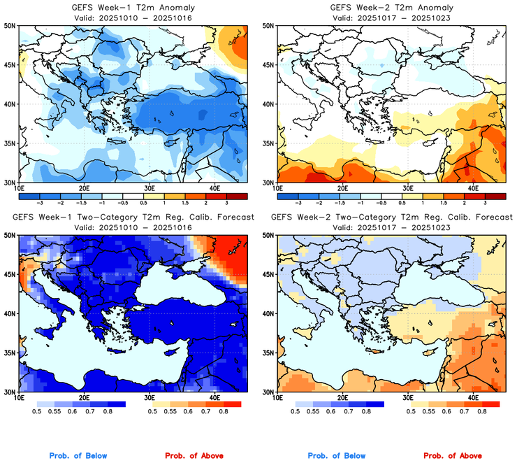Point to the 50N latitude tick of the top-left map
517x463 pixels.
click(x=10, y=25)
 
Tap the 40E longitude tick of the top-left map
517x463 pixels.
click(x=214, y=188)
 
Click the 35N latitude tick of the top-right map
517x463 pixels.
click(x=268, y=143)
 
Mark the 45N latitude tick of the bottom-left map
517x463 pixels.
click(x=10, y=275)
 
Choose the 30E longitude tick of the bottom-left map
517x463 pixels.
click(x=149, y=398)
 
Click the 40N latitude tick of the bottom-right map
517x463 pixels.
click(x=268, y=314)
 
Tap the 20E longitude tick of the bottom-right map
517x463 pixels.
click(x=342, y=398)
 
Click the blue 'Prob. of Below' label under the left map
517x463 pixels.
click(x=78, y=456)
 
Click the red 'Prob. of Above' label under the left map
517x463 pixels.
click(x=192, y=456)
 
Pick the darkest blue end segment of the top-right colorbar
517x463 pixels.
click(x=287, y=196)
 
